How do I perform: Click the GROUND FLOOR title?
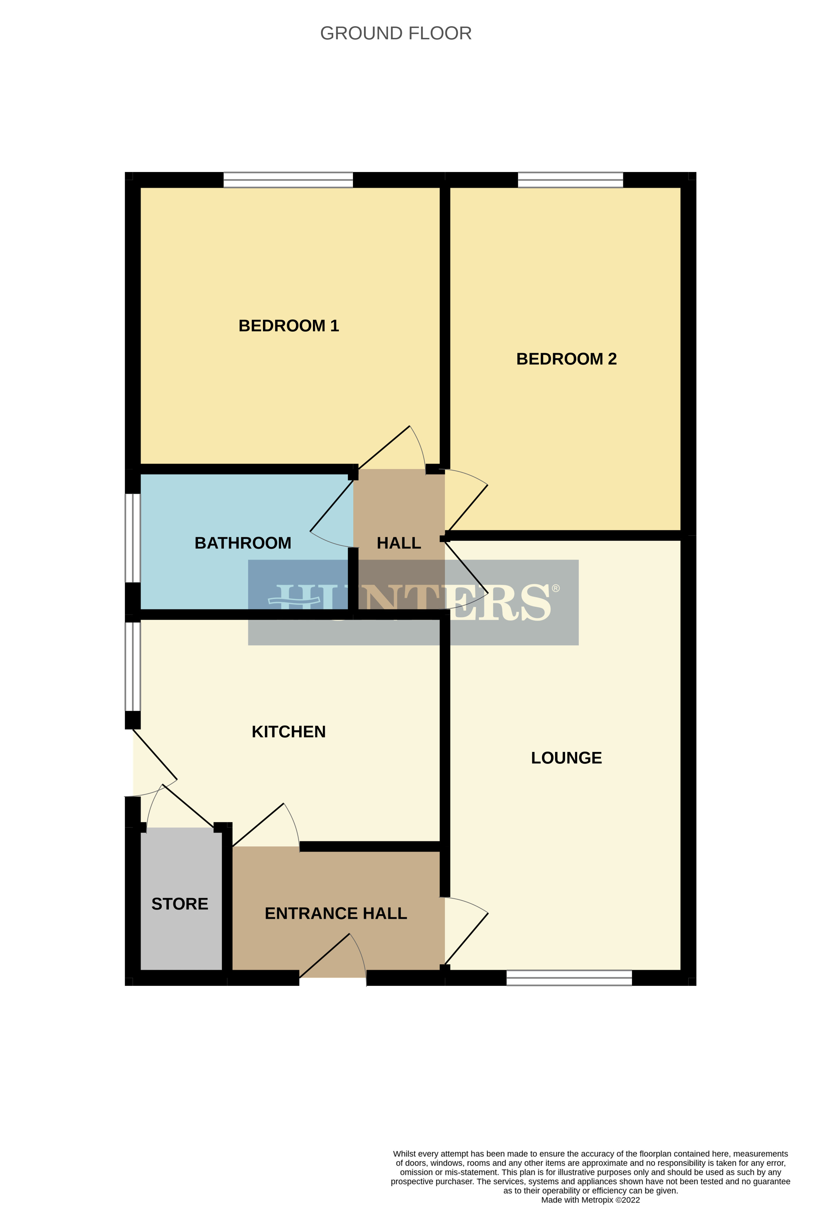(x=395, y=34)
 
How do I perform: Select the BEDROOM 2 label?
(x=566, y=359)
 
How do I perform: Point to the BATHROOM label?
(x=243, y=543)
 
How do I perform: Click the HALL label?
(x=399, y=543)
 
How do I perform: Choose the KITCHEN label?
(x=288, y=732)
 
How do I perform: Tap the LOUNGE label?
(x=566, y=758)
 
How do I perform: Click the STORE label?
(x=179, y=904)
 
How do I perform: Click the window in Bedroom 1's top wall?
(x=288, y=180)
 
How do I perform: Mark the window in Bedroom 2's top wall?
(x=570, y=180)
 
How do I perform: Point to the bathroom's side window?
(x=133, y=538)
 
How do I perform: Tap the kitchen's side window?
(x=133, y=666)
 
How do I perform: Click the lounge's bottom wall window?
(x=569, y=978)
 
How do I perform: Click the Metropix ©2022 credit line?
(x=590, y=1199)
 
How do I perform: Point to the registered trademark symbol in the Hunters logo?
(x=556, y=588)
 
